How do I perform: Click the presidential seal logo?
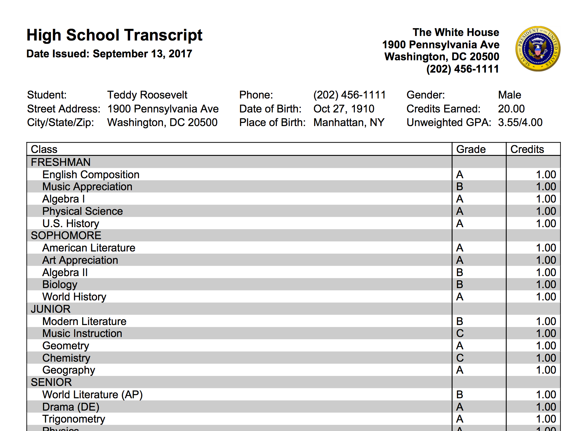pos(538,49)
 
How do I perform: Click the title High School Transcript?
pos(114,35)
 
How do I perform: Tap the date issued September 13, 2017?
pos(142,53)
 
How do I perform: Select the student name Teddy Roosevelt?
pos(147,95)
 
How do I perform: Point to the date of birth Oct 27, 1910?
pos(344,109)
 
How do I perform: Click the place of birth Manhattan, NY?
pos(349,122)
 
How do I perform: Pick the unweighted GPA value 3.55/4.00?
pos(520,122)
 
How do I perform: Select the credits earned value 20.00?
pos(511,109)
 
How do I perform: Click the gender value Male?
pos(509,95)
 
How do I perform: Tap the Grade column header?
pos(471,149)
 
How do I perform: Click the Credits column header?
pos(527,149)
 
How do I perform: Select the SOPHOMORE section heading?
pos(66,236)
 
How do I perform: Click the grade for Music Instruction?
pos(460,333)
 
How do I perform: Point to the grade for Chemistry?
pos(460,358)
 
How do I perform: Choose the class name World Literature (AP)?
pos(92,395)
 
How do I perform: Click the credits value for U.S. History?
pos(546,224)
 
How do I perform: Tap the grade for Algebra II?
pos(460,273)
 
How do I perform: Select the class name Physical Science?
pos(83,211)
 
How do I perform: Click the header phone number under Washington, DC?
pos(462,69)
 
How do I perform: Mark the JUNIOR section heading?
pos(51,309)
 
